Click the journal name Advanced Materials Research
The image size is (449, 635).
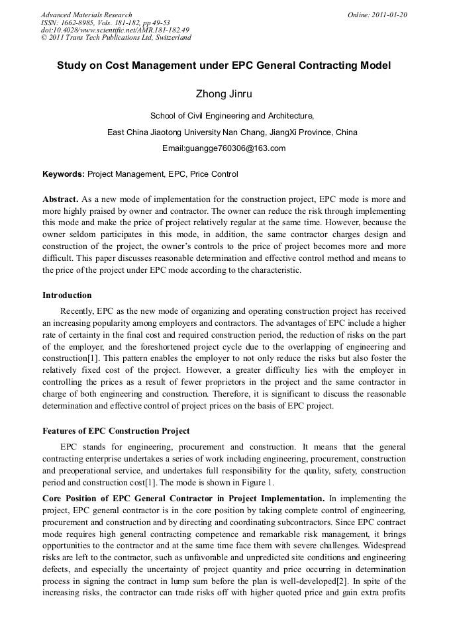click(x=87, y=15)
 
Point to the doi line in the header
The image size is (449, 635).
click(x=115, y=30)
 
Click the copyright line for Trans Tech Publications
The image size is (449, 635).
click(x=116, y=38)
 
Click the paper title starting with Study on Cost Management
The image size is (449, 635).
click(x=224, y=66)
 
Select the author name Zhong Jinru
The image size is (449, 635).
click(x=224, y=94)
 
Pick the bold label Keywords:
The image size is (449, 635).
click(x=64, y=174)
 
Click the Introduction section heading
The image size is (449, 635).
click(x=67, y=295)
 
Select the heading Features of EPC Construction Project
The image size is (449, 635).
click(x=116, y=431)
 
